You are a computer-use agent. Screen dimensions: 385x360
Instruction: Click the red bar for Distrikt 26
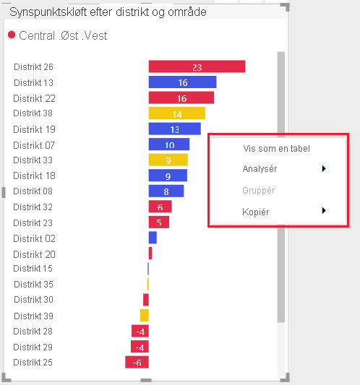pyautogui.click(x=197, y=66)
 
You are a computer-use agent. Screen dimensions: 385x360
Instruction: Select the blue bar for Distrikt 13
pyautogui.click(x=182, y=82)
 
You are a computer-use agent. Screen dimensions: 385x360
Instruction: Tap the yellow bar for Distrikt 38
pyautogui.click(x=176, y=113)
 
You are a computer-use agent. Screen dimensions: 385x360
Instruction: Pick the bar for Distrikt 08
pyautogui.click(x=166, y=191)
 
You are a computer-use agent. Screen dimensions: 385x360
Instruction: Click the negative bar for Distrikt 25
pyautogui.click(x=137, y=363)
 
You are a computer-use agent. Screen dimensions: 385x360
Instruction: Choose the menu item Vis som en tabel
pyautogui.click(x=276, y=149)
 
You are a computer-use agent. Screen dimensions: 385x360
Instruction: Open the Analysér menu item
pyautogui.click(x=260, y=169)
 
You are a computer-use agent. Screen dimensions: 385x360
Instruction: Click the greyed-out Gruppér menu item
pyautogui.click(x=259, y=190)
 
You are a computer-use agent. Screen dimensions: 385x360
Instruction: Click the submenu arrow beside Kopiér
pyautogui.click(x=324, y=211)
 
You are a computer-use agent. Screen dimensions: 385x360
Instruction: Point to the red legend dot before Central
pyautogui.click(x=12, y=35)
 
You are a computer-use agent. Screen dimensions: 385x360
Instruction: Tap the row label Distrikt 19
pyautogui.click(x=33, y=129)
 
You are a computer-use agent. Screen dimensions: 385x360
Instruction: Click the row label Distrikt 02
pyautogui.click(x=33, y=238)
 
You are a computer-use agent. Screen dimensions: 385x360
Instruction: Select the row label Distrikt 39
pyautogui.click(x=33, y=316)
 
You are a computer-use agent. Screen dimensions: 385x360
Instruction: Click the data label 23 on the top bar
pyautogui.click(x=197, y=67)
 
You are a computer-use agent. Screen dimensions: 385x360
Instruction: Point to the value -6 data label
pyautogui.click(x=137, y=363)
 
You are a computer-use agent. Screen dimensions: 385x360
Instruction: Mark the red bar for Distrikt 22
pyautogui.click(x=181, y=98)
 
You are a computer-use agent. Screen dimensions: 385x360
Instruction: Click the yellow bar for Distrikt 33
pyautogui.click(x=168, y=160)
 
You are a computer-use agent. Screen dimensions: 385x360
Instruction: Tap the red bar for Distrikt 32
pyautogui.click(x=160, y=207)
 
